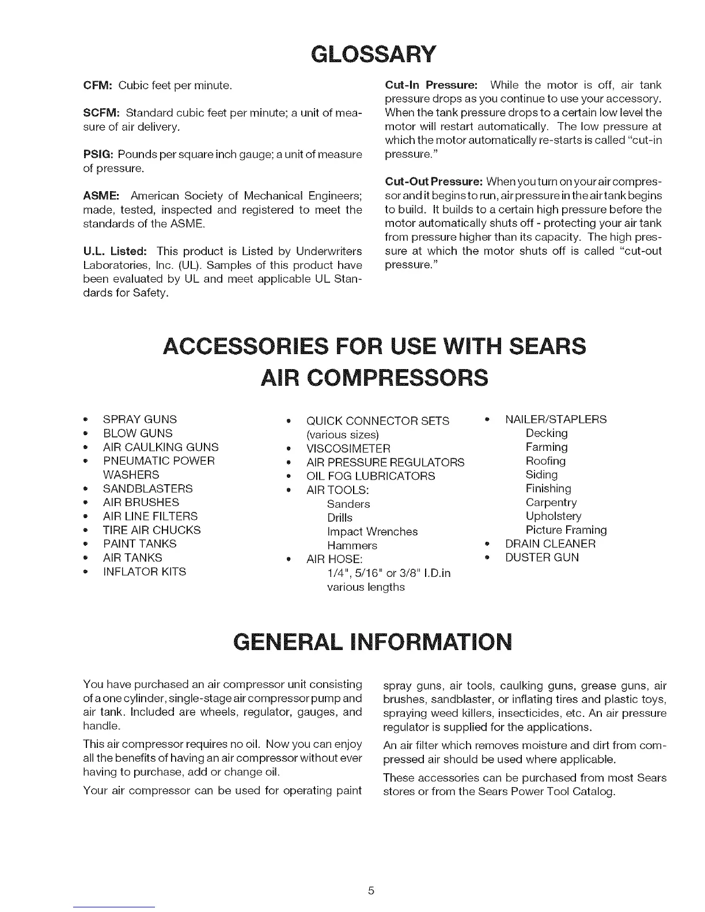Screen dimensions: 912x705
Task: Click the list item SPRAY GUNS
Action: [139, 420]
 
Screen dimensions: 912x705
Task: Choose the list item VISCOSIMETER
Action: [348, 449]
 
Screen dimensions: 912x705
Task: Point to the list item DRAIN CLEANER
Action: [550, 544]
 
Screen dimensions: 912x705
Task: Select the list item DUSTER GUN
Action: [541, 558]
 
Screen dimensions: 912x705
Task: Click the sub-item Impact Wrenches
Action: [372, 531]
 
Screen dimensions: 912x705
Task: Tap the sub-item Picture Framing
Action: [566, 530]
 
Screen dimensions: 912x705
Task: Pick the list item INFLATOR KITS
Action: [144, 572]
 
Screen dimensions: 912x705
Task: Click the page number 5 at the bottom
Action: [372, 891]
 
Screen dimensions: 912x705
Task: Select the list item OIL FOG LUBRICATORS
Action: [370, 476]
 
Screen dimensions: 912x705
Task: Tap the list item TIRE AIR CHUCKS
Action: [151, 530]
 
